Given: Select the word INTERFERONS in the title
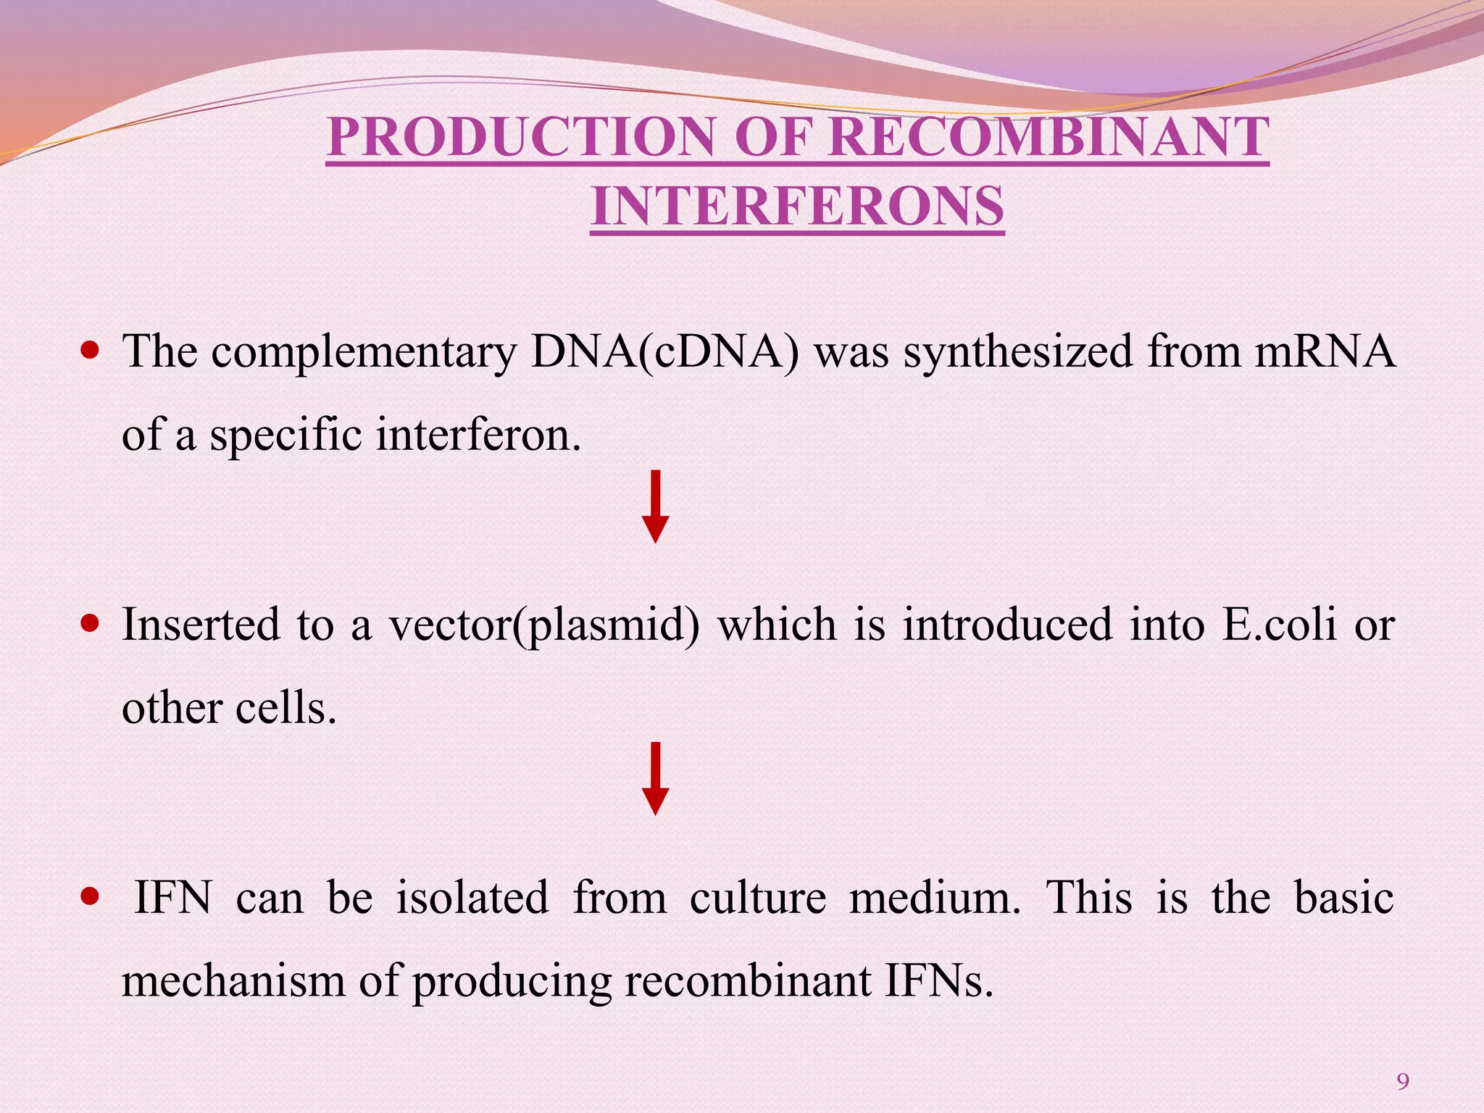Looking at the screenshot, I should point(798,207).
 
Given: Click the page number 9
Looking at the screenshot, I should point(1403,1082).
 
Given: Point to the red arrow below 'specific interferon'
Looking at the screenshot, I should point(655,507).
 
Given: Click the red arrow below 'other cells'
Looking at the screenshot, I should point(655,778).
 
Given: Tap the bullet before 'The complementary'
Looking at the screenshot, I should point(90,352).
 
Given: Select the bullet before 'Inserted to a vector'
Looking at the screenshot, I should point(90,624).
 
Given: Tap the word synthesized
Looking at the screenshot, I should point(1017,352).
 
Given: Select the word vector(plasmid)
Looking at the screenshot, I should point(544,624).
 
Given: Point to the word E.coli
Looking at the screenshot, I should point(1279,624).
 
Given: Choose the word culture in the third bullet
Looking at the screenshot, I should point(757,898).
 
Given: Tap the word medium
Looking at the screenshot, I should point(934,898).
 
